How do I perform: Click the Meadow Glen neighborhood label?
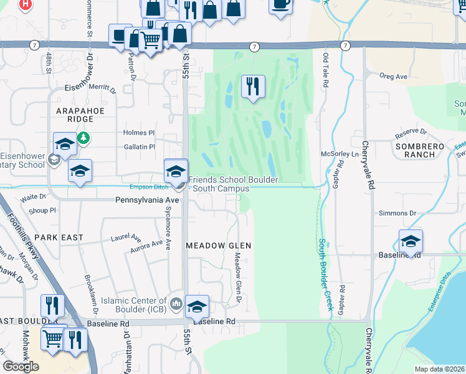[x=219, y=246]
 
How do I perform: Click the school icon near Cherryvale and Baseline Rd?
[x=411, y=242]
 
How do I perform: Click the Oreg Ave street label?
[x=393, y=76]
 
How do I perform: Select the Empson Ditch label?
[x=149, y=186]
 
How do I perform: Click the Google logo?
[x=21, y=367]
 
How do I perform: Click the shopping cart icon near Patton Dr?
[x=150, y=41]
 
